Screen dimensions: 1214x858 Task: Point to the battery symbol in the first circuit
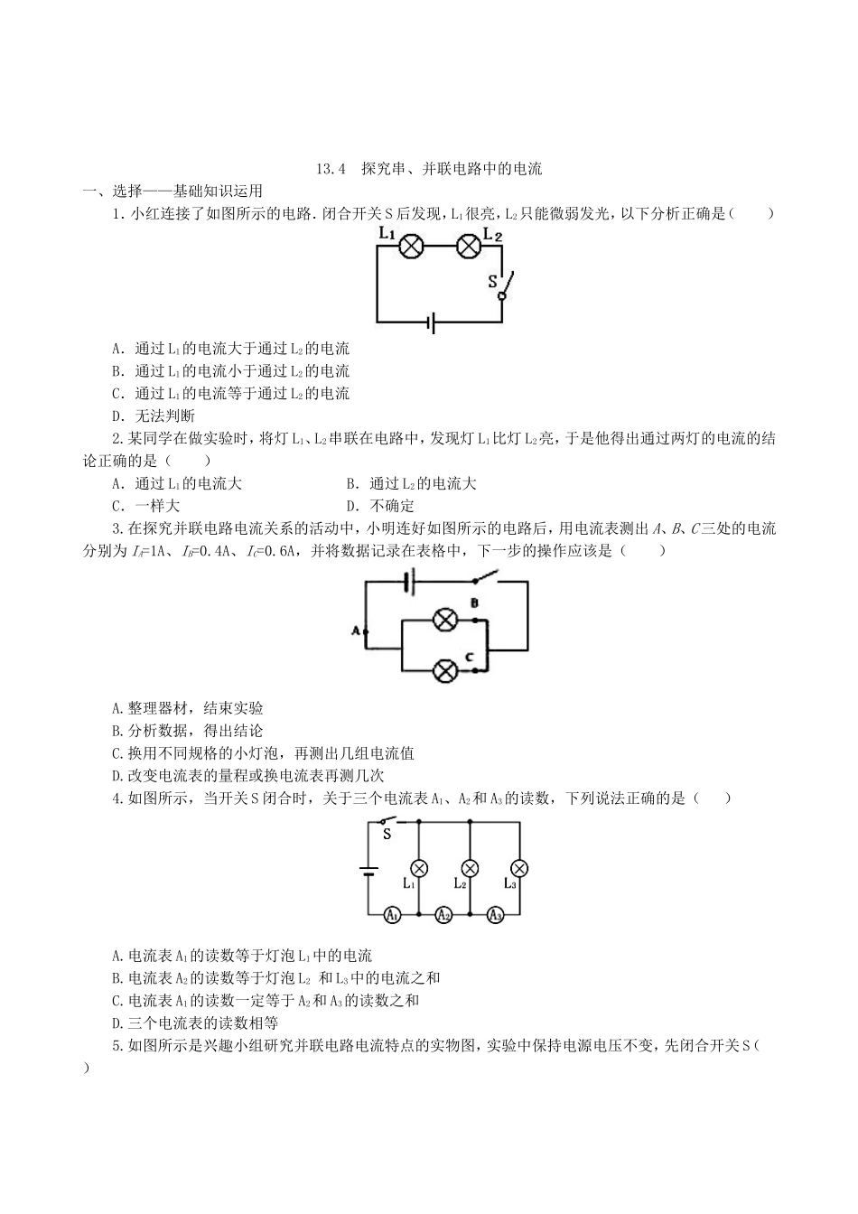(x=433, y=321)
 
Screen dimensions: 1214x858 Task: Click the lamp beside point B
(x=444, y=620)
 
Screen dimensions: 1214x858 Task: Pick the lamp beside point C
(x=444, y=670)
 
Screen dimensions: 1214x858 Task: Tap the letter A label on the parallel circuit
(x=355, y=630)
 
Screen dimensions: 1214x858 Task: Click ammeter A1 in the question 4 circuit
(x=392, y=915)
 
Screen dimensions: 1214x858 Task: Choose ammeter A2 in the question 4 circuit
(x=443, y=915)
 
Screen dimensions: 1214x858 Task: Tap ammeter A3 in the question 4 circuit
(x=495, y=915)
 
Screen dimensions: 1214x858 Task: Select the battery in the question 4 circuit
(x=368, y=872)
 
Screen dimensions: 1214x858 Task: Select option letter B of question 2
(x=351, y=484)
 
